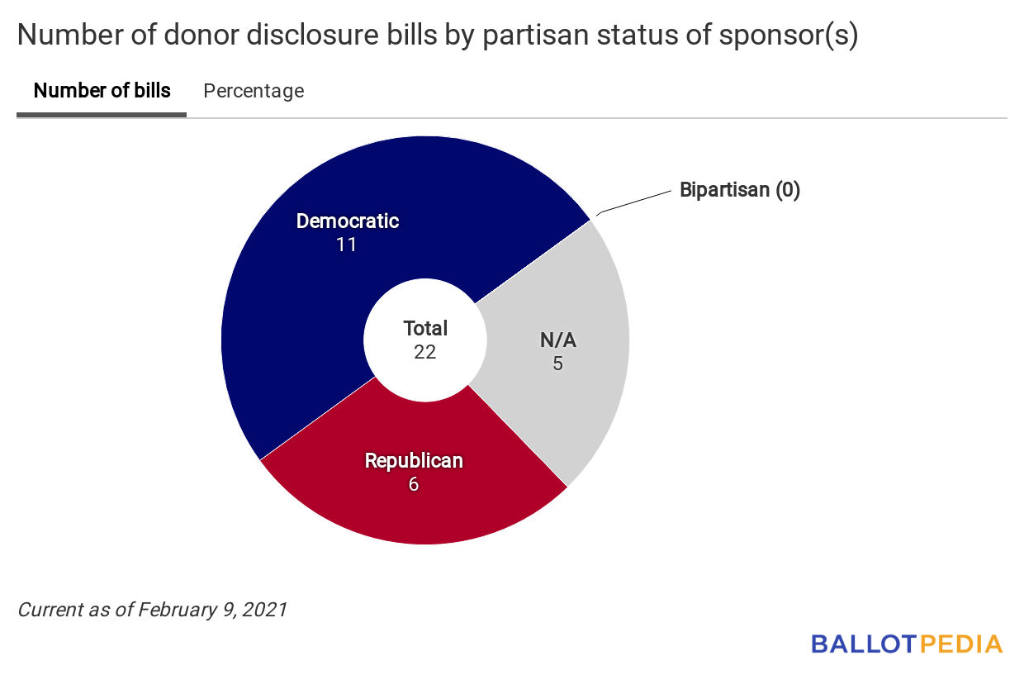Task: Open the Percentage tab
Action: coord(254,91)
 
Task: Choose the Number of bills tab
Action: coord(102,91)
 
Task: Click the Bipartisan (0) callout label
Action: coord(740,190)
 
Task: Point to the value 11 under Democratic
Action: coord(346,245)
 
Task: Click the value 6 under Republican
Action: coord(414,484)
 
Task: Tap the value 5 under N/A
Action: coord(557,364)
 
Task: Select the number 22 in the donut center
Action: coord(425,352)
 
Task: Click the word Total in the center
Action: coord(425,328)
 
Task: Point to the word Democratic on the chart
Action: coord(347,221)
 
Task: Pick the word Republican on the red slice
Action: coord(414,461)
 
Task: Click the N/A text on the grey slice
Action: coord(557,340)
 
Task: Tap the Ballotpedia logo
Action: coord(906,644)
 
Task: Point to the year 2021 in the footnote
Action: coord(265,610)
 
